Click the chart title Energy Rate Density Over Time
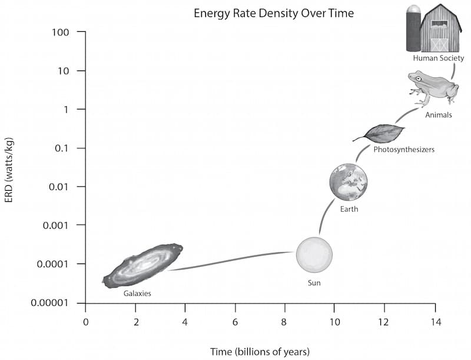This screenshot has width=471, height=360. click(x=274, y=13)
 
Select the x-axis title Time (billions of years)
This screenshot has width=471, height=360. click(x=260, y=352)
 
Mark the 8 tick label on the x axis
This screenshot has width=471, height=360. click(x=285, y=322)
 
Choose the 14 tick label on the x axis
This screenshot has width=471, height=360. click(x=434, y=322)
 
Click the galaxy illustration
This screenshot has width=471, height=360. click(x=143, y=265)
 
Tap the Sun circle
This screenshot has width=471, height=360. click(x=314, y=255)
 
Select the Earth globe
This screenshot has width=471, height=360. click(x=349, y=182)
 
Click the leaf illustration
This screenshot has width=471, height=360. click(x=382, y=134)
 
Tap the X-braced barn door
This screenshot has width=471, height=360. click(x=439, y=44)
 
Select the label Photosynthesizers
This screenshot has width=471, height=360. click(x=404, y=150)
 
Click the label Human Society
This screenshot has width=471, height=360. click(x=439, y=58)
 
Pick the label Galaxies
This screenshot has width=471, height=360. click(x=137, y=292)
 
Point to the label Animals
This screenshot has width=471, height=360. click(x=439, y=115)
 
